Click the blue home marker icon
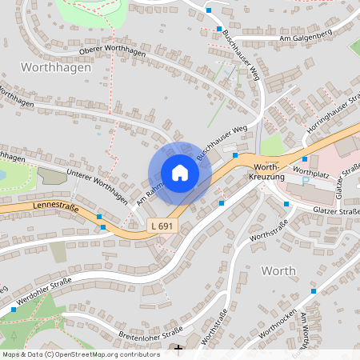(x=180, y=173)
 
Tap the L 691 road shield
(x=162, y=226)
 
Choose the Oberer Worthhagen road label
(x=115, y=50)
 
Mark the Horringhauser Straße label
(x=330, y=117)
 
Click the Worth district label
(x=279, y=270)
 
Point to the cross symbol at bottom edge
(x=178, y=349)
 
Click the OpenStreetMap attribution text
(x=80, y=354)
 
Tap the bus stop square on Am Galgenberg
(x=209, y=10)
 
